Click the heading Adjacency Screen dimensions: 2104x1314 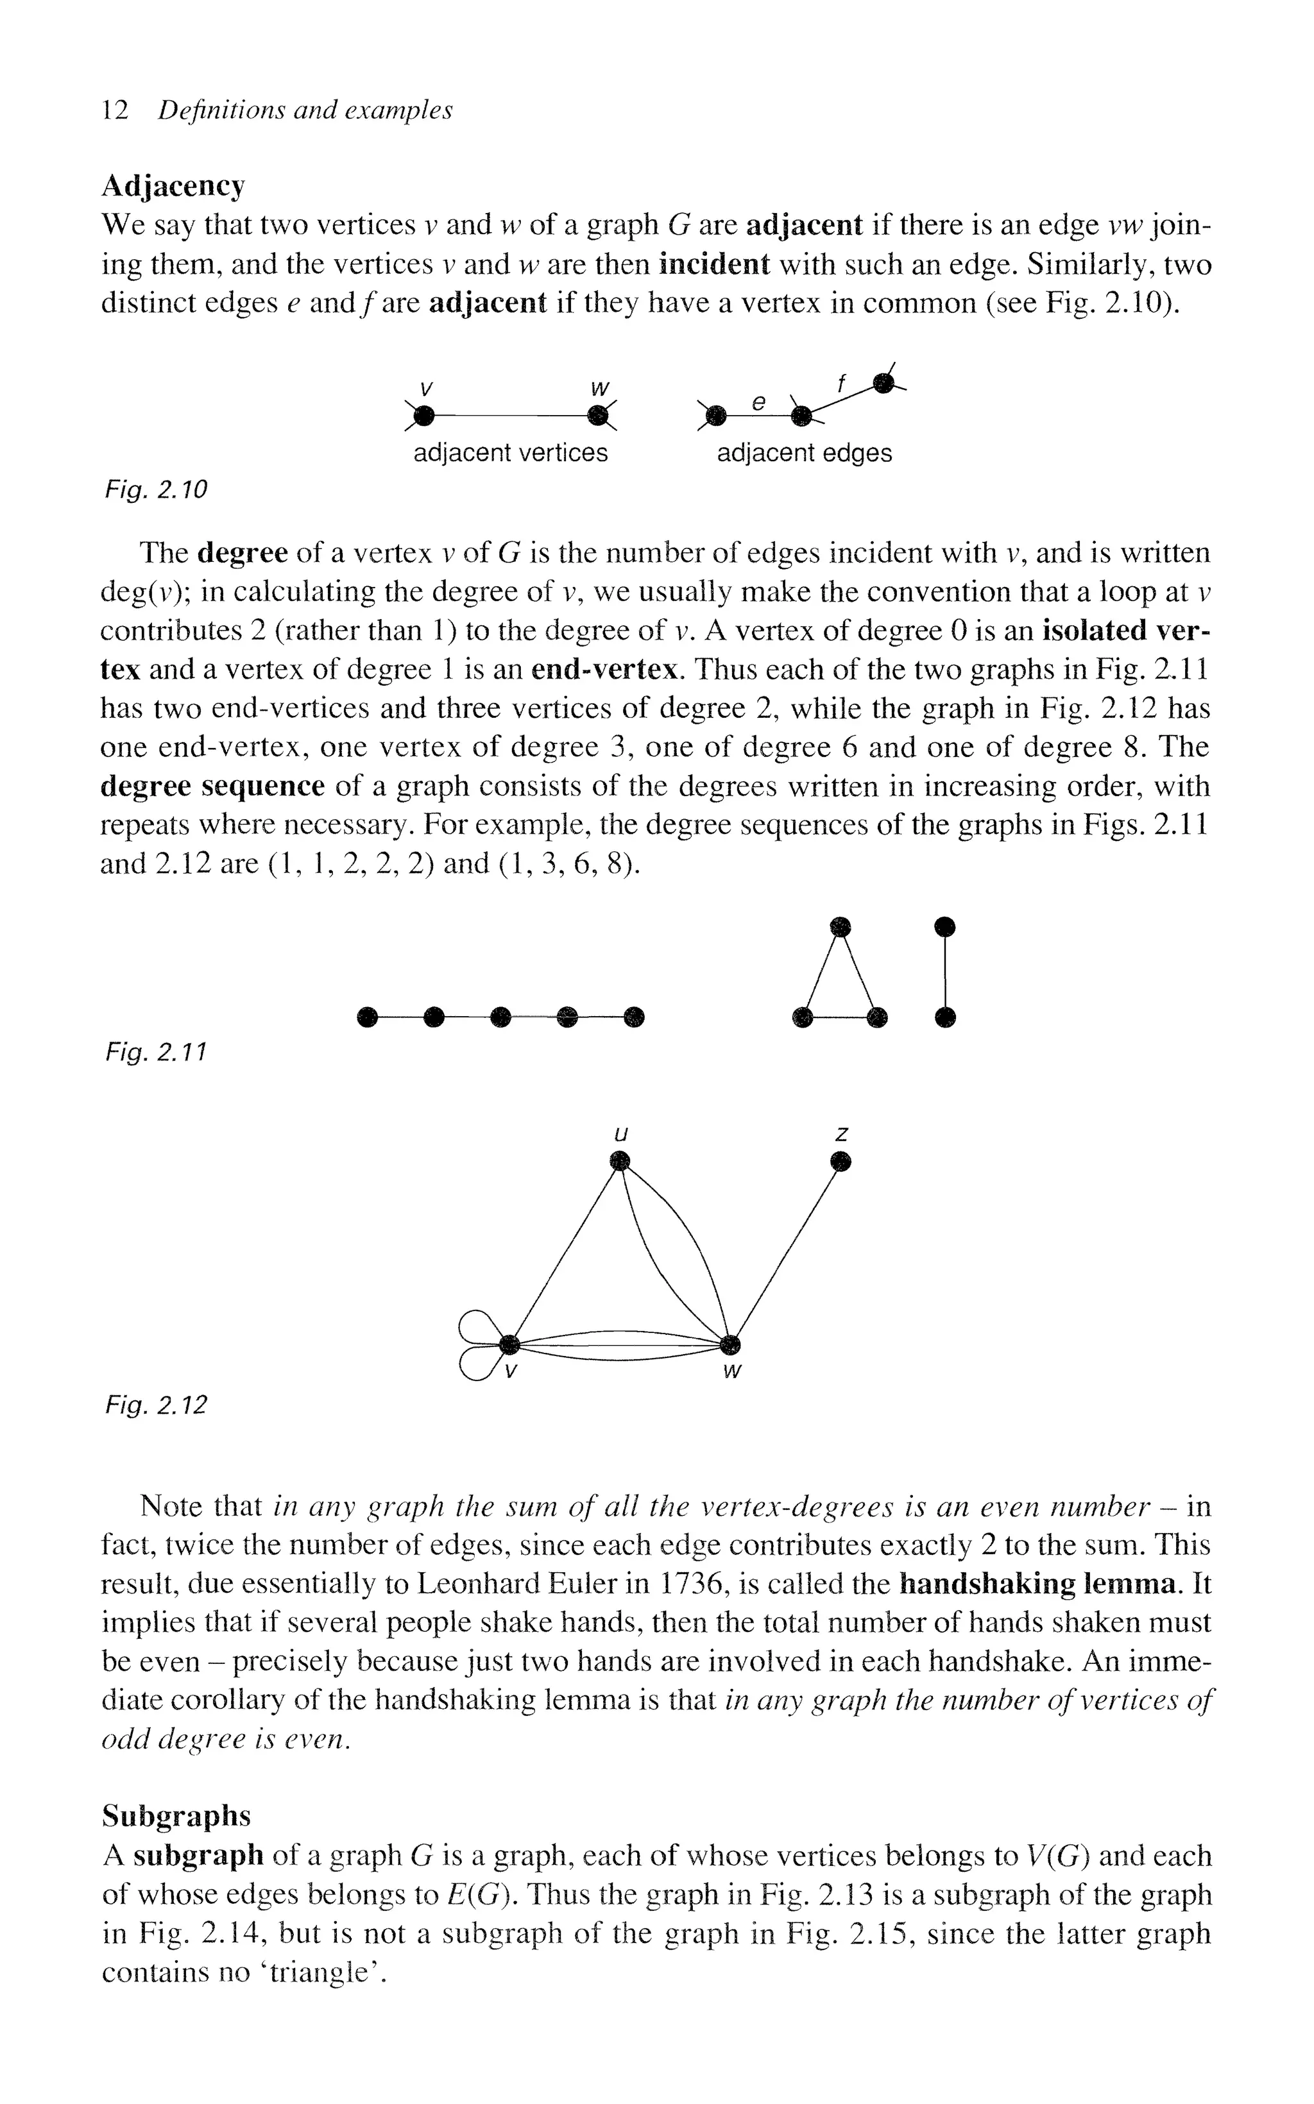(x=173, y=186)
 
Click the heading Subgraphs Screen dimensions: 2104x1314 (x=176, y=1815)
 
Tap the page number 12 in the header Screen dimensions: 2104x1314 (x=115, y=110)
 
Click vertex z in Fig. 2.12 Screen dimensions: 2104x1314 (x=839, y=1162)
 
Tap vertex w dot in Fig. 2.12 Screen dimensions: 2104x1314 (x=731, y=1345)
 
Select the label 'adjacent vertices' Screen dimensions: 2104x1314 (x=510, y=453)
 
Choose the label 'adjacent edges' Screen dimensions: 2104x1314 (x=804, y=453)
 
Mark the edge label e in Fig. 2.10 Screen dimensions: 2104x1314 (x=758, y=402)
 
